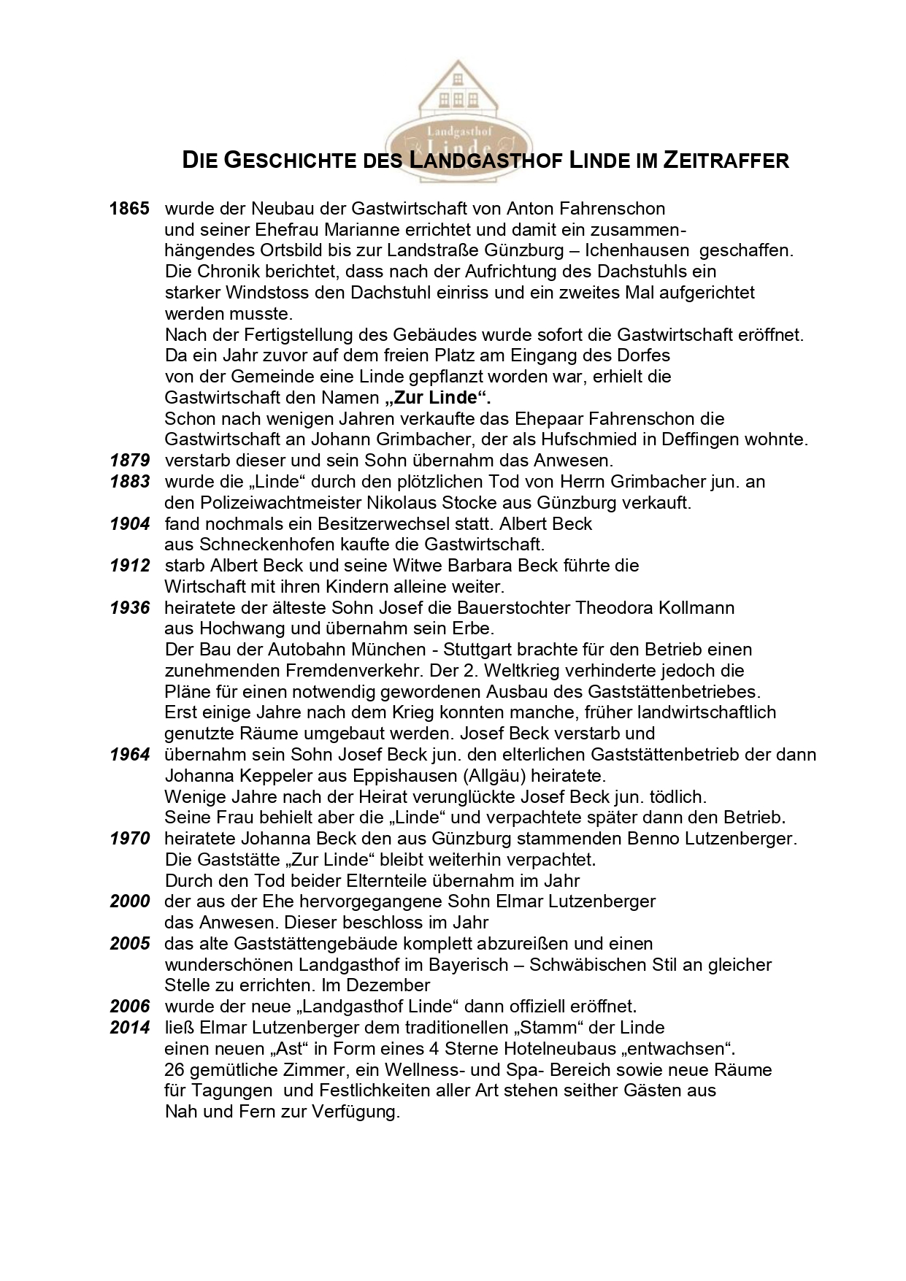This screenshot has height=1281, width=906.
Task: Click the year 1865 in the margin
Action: [x=129, y=209]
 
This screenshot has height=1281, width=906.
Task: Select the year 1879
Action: [x=130, y=461]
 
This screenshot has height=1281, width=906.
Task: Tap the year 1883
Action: [x=130, y=482]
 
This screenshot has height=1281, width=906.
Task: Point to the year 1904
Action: [x=130, y=524]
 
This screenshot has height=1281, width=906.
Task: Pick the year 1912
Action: [x=130, y=566]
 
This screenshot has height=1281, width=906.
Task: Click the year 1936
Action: [x=130, y=608]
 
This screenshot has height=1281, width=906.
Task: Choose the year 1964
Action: [x=130, y=755]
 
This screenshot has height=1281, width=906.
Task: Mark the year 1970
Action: [x=130, y=839]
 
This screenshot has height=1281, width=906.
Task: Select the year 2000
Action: [x=130, y=901]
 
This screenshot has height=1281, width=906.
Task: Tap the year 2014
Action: [x=130, y=1028]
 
